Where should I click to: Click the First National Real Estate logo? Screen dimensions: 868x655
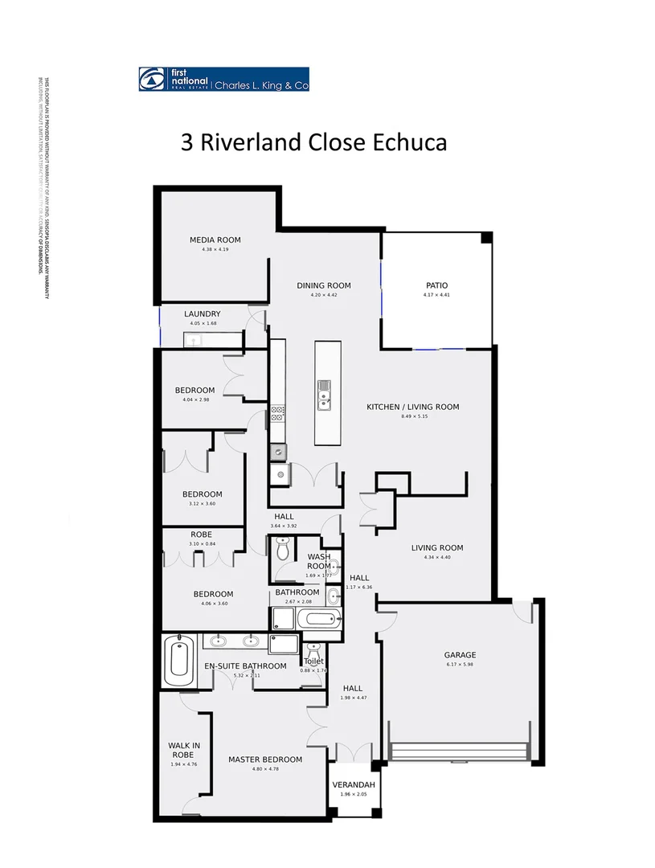click(223, 79)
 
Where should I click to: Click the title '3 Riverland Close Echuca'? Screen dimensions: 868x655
click(313, 142)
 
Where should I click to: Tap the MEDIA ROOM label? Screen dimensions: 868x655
click(215, 240)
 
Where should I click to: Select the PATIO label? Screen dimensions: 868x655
click(436, 285)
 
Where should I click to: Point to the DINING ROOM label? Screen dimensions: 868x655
click(323, 285)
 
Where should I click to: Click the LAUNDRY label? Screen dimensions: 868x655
click(202, 314)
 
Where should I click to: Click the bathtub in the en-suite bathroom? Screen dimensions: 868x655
click(178, 661)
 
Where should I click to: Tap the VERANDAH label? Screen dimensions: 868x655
click(353, 784)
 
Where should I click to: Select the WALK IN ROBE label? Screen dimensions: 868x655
click(184, 750)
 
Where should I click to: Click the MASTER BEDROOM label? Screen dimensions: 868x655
click(264, 759)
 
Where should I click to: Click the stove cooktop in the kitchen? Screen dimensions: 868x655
click(277, 413)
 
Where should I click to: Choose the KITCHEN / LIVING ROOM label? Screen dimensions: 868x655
click(412, 407)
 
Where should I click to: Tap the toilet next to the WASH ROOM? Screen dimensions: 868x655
click(282, 551)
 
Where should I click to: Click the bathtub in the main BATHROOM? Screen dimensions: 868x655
click(317, 620)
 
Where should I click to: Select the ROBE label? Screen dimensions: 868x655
click(200, 534)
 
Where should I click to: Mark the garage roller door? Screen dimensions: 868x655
click(458, 751)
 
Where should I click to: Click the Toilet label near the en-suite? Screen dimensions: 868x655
click(313, 661)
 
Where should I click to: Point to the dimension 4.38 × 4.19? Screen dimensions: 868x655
click(215, 250)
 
